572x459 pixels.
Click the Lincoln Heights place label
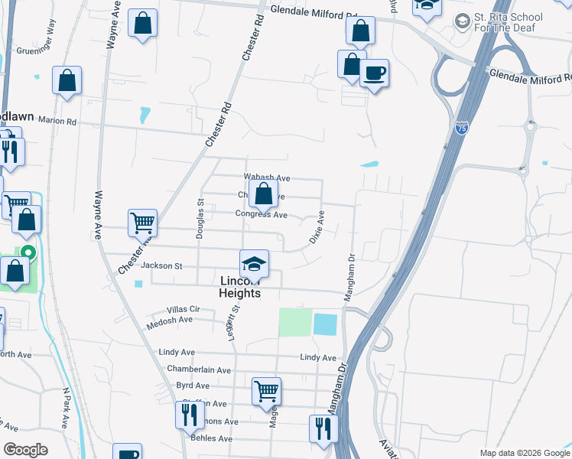(x=240, y=287)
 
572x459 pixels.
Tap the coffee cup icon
(x=374, y=73)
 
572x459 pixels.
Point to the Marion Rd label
(x=58, y=121)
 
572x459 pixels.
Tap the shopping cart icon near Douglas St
(x=143, y=223)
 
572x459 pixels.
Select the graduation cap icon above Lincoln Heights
(x=254, y=265)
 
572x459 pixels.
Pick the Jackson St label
(x=161, y=266)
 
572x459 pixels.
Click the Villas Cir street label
(x=183, y=309)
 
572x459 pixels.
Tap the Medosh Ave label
(x=170, y=320)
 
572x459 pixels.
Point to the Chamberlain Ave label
(x=199, y=369)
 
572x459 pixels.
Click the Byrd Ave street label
(x=193, y=386)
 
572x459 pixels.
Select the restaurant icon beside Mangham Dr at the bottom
(x=323, y=428)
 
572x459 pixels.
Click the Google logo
(x=26, y=450)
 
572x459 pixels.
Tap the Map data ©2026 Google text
(x=524, y=453)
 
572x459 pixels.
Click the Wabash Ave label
(x=267, y=177)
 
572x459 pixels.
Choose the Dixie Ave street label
(x=316, y=227)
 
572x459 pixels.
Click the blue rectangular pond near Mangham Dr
(x=325, y=324)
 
